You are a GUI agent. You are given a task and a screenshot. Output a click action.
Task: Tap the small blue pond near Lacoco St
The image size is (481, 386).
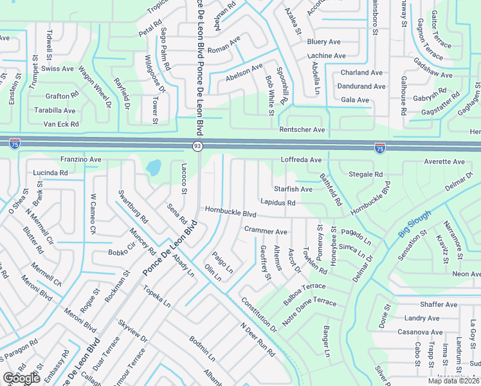[x=153, y=168]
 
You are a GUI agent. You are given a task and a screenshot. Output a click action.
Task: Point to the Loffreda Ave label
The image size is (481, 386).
[x=301, y=160]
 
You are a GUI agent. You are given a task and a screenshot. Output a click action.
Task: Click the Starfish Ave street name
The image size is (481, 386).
[x=293, y=189]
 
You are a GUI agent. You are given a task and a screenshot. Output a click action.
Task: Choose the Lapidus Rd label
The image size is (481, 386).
[x=278, y=203]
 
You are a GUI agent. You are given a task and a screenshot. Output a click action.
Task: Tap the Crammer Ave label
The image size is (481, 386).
[x=266, y=231]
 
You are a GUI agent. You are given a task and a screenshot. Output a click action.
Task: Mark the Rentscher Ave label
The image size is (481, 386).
[x=302, y=130]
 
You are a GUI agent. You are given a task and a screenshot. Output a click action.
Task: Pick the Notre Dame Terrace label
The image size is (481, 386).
[x=309, y=302]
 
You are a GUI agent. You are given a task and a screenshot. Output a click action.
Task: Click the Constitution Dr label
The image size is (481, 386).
[x=259, y=315]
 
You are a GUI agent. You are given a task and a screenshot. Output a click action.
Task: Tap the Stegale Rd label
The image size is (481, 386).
[x=365, y=174]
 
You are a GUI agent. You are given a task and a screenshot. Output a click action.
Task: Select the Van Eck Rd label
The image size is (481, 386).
[x=60, y=124]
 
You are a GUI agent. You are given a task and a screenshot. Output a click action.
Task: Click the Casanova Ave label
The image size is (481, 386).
[x=417, y=331]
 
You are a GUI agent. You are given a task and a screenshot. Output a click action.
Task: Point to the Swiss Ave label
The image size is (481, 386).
[x=58, y=68]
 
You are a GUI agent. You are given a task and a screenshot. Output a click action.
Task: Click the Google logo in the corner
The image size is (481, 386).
[x=21, y=378]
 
